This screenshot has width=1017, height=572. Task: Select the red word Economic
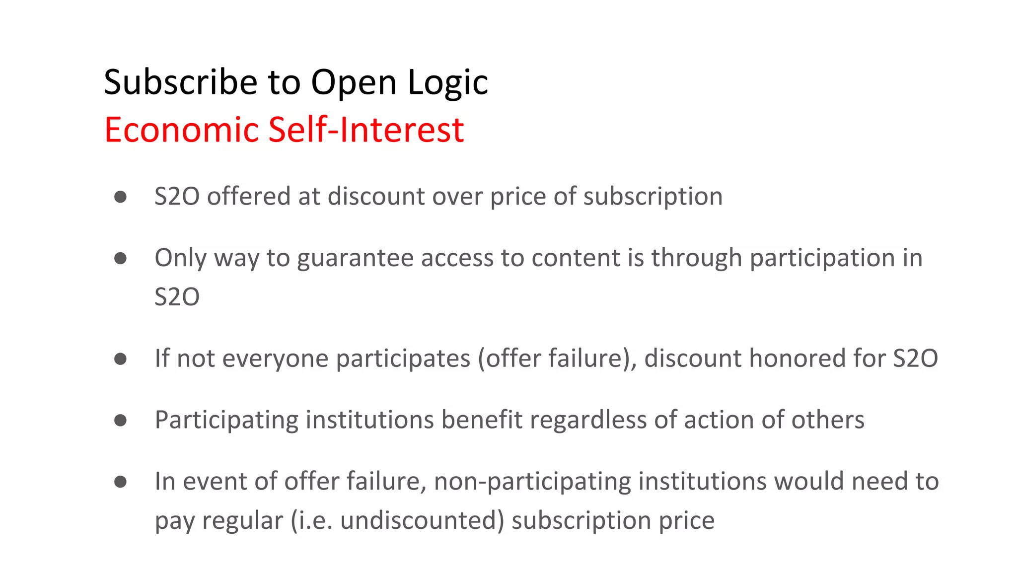[182, 130]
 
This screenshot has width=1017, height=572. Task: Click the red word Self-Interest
[366, 130]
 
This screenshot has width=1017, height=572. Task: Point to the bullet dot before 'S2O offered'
[120, 197]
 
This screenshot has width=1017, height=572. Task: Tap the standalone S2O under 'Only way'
[177, 297]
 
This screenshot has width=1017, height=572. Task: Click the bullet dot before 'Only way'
[120, 258]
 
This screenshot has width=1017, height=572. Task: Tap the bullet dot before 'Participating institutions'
[120, 421]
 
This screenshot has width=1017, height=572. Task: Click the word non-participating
[532, 482]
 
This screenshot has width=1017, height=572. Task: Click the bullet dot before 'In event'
[120, 482]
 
